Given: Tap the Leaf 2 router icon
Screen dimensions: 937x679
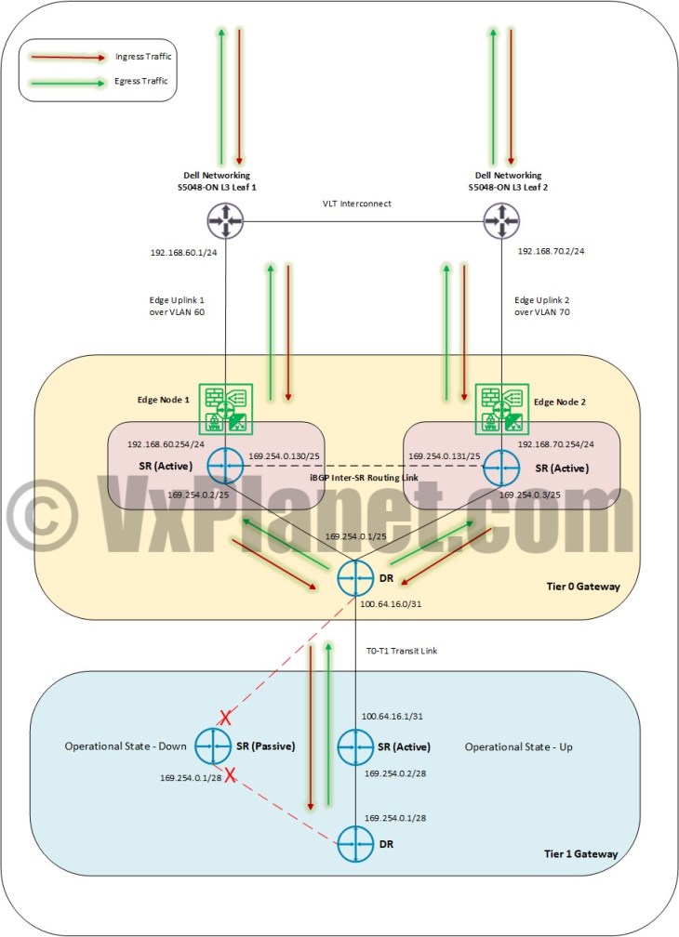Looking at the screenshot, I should point(502,221).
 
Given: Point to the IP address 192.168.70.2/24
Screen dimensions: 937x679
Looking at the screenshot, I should point(550,251).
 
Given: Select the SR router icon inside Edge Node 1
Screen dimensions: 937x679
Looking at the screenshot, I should point(225,466).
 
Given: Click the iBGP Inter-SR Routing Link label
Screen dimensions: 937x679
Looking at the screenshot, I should point(363,476).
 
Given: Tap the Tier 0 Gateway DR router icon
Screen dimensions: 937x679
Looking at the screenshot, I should point(355,578).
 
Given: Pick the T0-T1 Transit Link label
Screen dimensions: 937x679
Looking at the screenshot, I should point(400,651).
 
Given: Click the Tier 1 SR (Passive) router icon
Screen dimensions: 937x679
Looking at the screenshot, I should point(214,746).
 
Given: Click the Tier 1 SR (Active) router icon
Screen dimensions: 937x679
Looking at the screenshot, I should point(355,746).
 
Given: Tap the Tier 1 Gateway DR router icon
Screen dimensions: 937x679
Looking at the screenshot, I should point(355,844).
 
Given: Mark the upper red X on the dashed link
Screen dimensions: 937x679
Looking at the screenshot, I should point(223,718).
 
